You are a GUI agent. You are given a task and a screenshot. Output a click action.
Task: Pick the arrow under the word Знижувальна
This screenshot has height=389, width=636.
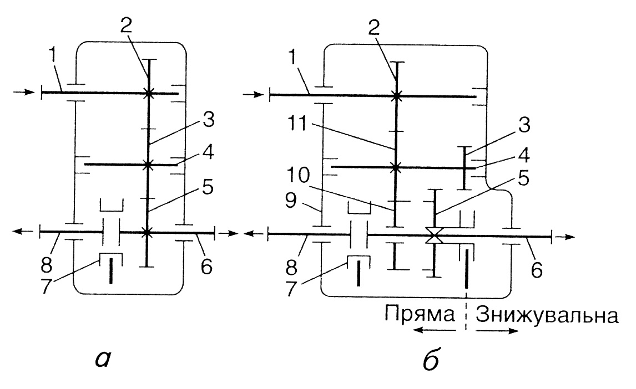pyautogui.click(x=498, y=332)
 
